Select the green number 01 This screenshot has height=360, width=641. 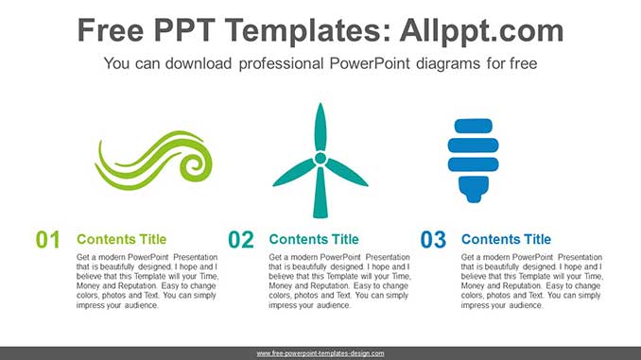tap(48, 240)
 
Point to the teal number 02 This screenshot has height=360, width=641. tap(241, 240)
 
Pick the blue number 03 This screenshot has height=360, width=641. tap(433, 240)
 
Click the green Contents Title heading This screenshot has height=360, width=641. tap(121, 239)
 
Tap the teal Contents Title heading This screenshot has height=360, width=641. tap(314, 239)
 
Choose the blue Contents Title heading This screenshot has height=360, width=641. tap(506, 239)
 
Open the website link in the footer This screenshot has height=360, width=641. tap(320, 352)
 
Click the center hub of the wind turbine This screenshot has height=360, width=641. tap(320, 157)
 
